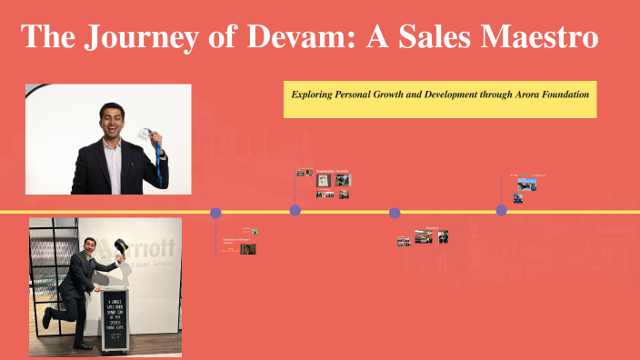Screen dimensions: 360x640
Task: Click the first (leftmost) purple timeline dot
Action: [x=215, y=213]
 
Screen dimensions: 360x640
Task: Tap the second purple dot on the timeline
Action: [x=295, y=210]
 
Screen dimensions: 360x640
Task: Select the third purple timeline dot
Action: [x=395, y=213]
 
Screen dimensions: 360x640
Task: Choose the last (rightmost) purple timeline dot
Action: [x=501, y=210]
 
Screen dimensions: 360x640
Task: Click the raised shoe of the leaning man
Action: [x=46, y=317]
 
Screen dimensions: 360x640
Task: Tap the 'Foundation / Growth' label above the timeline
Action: [x=333, y=171]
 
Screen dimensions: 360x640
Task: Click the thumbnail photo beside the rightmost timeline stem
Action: [x=526, y=184]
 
